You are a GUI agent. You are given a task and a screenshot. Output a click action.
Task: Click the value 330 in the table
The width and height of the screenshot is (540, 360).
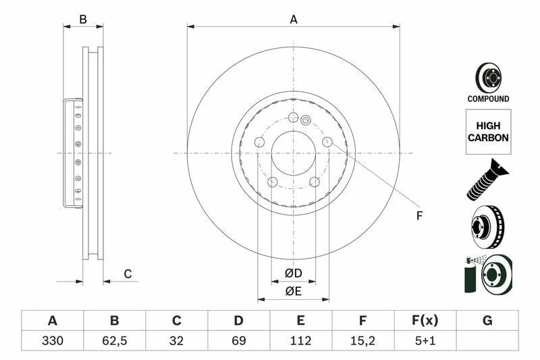(x=53, y=340)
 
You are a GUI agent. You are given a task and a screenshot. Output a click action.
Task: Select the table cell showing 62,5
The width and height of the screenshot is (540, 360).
(x=115, y=340)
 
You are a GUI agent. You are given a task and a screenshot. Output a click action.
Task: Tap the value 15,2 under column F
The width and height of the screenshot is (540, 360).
(x=363, y=340)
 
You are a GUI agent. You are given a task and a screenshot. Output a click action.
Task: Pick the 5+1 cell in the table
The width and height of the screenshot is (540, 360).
(x=425, y=340)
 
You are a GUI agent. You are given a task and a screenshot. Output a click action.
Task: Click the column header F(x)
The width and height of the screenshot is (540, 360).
(x=425, y=320)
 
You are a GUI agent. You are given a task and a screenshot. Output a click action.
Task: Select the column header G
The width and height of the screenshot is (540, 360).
(x=487, y=320)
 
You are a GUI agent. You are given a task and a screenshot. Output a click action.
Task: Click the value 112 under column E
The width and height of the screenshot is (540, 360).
(x=301, y=340)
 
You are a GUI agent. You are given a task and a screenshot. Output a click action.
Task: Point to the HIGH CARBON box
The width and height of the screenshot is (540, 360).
(x=487, y=132)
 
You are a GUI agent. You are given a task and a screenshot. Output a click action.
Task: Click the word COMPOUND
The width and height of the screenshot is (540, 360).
(x=488, y=99)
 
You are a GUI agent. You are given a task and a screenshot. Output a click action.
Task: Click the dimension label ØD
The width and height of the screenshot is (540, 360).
(x=293, y=274)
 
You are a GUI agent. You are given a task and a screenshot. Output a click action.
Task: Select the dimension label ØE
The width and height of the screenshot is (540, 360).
(x=293, y=291)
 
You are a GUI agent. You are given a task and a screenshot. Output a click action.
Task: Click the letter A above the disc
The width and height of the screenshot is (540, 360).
(x=294, y=20)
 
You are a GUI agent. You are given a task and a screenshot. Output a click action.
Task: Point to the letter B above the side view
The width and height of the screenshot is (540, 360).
(x=83, y=20)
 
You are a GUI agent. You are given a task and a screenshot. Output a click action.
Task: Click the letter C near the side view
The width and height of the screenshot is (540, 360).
(x=127, y=274)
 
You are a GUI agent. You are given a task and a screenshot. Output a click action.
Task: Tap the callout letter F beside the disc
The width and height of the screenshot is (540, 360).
(x=418, y=216)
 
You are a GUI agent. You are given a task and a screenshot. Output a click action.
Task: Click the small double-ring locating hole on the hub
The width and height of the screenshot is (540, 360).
(x=305, y=122)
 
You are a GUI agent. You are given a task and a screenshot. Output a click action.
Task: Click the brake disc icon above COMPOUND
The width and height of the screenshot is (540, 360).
(x=487, y=77)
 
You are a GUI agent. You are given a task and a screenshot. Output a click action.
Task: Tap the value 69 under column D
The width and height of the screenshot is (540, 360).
(x=239, y=340)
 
